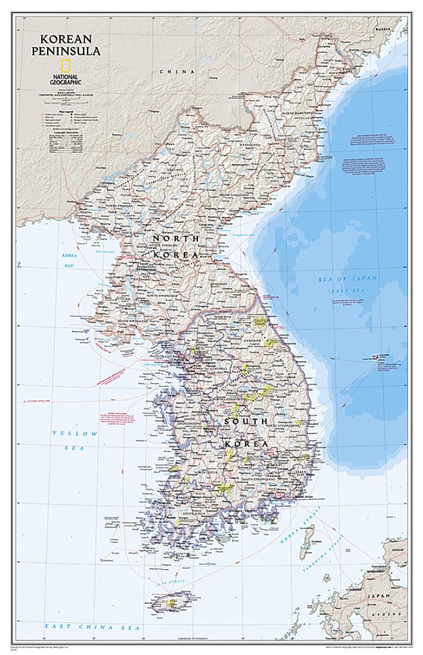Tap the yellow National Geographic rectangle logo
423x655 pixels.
(x=66, y=66)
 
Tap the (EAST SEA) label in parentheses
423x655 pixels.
(x=348, y=291)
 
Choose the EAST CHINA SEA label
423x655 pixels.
(x=92, y=627)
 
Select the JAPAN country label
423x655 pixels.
(x=379, y=595)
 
